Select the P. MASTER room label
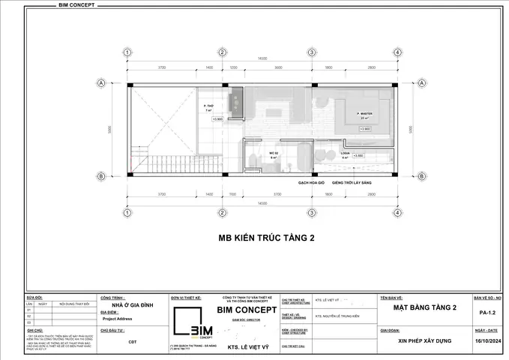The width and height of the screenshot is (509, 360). click(x=365, y=114)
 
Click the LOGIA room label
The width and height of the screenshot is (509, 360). click(x=344, y=153)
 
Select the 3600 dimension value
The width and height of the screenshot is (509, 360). click(x=278, y=67)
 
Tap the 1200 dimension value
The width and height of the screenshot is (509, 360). click(x=233, y=67)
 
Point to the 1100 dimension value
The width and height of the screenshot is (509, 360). click(x=233, y=193)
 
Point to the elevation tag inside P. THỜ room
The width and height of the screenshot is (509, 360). click(x=217, y=118)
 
